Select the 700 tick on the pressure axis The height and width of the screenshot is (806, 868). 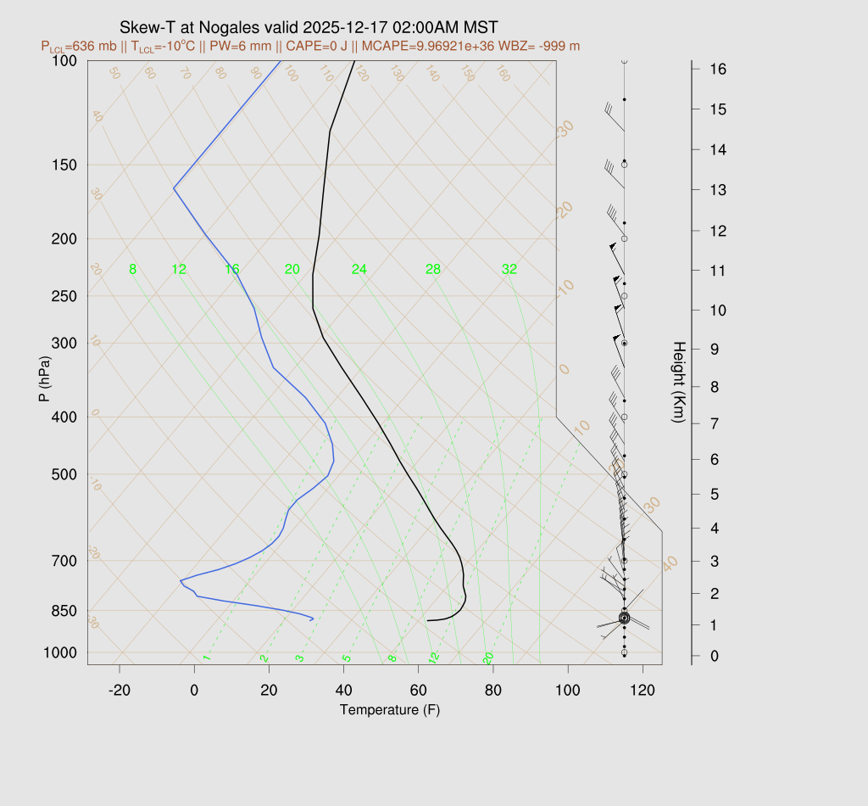[x=64, y=561]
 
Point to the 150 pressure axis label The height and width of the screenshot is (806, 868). [x=64, y=165]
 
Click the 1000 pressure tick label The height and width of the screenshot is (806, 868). [x=60, y=652]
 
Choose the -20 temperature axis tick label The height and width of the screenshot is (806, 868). [x=120, y=691]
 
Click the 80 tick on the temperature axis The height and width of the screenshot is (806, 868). [x=493, y=691]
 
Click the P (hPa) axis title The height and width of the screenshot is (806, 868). [x=45, y=377]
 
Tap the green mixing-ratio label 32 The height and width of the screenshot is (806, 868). [x=509, y=270]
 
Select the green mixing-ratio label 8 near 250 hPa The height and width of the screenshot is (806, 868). [x=132, y=270]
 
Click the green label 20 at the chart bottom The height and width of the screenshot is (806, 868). [x=488, y=658]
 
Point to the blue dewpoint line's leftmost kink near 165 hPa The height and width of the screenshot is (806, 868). [x=174, y=188]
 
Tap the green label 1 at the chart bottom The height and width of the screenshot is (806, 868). [x=206, y=658]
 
